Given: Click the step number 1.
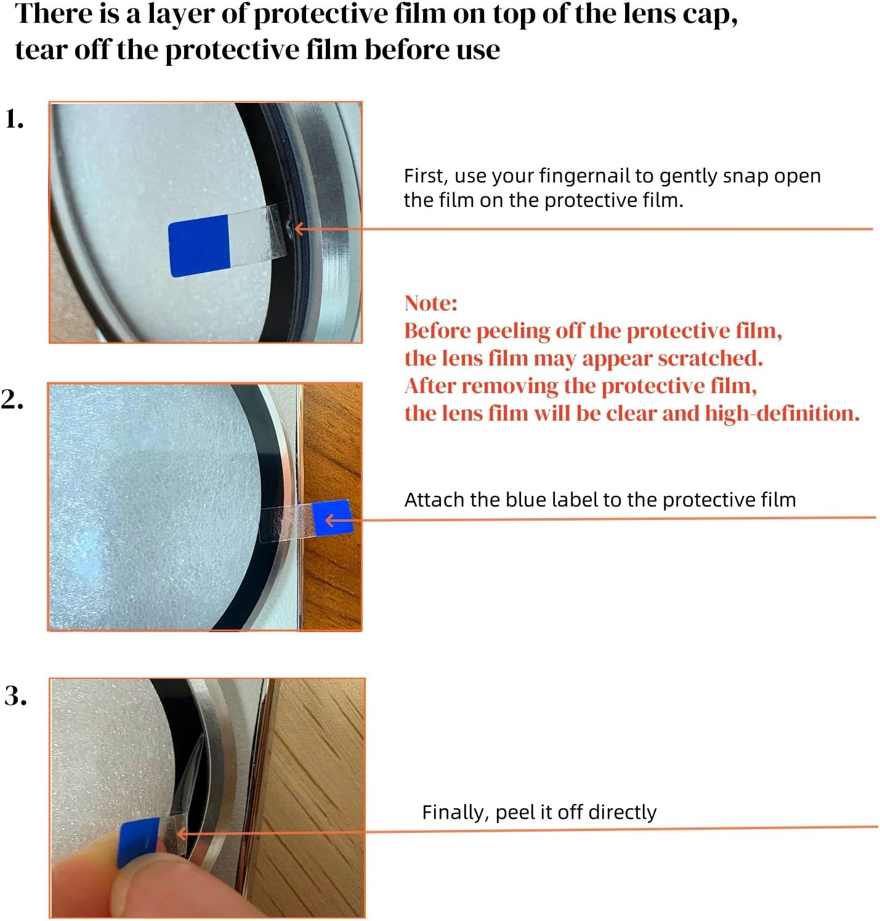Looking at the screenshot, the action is (14, 118).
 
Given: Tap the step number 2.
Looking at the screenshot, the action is (12, 400).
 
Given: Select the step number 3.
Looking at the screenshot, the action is (15, 696).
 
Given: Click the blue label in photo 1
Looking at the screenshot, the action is (199, 246).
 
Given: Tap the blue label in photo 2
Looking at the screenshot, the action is (333, 517).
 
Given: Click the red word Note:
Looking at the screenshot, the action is (430, 303).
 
